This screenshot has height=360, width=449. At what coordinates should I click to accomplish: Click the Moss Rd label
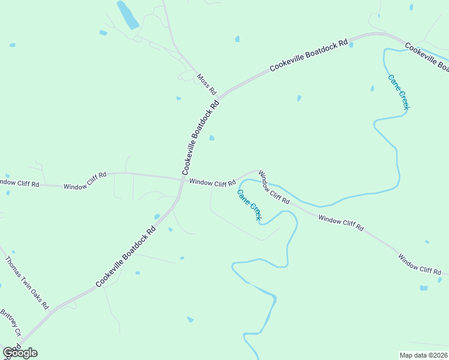pos(206,84)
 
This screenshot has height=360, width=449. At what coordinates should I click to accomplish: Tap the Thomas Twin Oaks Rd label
pos(27,283)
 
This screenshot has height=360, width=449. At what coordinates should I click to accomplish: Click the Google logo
pos(20,353)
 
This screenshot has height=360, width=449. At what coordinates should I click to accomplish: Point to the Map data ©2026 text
pos(423,355)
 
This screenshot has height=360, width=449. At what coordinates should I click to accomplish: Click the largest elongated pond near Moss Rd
pos(127,15)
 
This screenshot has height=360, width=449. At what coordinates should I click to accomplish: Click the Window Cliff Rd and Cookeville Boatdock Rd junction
pos(182,179)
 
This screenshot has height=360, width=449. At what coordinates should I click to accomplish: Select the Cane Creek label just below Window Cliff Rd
pos(249,205)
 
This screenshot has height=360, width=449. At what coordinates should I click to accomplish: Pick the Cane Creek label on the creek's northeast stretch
pos(399,92)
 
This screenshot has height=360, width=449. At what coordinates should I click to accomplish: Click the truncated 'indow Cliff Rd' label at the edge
pos(19,183)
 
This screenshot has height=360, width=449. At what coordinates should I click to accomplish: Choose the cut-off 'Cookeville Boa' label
pos(427,55)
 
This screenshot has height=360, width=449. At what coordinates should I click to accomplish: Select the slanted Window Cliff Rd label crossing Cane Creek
pos(274,187)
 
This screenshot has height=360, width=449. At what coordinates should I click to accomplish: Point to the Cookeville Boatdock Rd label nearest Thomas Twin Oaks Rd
pos(125,256)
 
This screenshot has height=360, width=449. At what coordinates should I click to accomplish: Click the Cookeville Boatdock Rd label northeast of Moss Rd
pos(309,56)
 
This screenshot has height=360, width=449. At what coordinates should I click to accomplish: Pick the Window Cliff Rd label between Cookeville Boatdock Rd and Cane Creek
pos(212,182)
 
